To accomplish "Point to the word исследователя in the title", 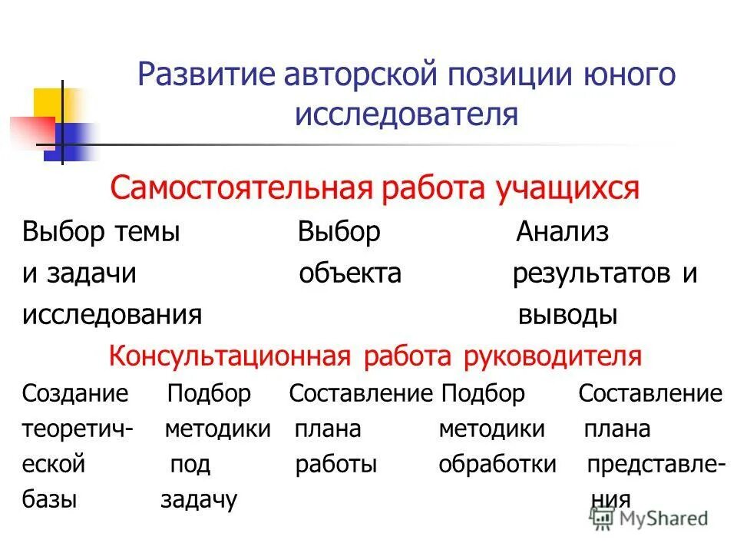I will (x=407, y=114).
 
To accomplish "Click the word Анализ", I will (x=562, y=232).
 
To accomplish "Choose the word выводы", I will (x=568, y=315).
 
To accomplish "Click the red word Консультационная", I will (x=230, y=356).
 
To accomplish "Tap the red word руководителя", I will (x=552, y=356).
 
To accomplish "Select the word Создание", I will (x=75, y=394).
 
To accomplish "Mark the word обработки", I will (x=497, y=465).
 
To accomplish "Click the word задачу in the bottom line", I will (x=199, y=501).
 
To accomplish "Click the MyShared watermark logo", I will (x=653, y=518).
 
